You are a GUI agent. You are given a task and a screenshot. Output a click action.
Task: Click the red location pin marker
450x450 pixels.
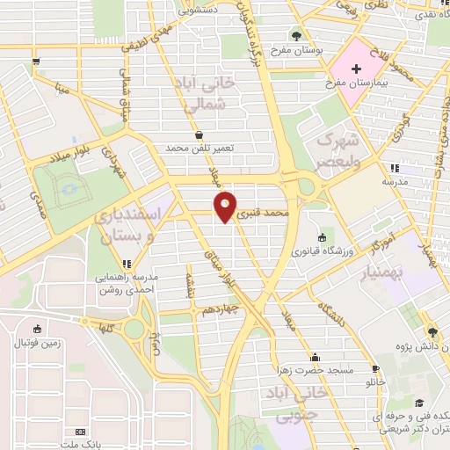[x=226, y=206]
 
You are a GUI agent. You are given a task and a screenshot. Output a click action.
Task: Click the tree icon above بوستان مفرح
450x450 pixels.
[x=297, y=38]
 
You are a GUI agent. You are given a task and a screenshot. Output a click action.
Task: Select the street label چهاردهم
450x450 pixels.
[x=218, y=310]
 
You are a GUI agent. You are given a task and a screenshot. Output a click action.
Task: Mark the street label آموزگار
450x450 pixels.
[x=396, y=238]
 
